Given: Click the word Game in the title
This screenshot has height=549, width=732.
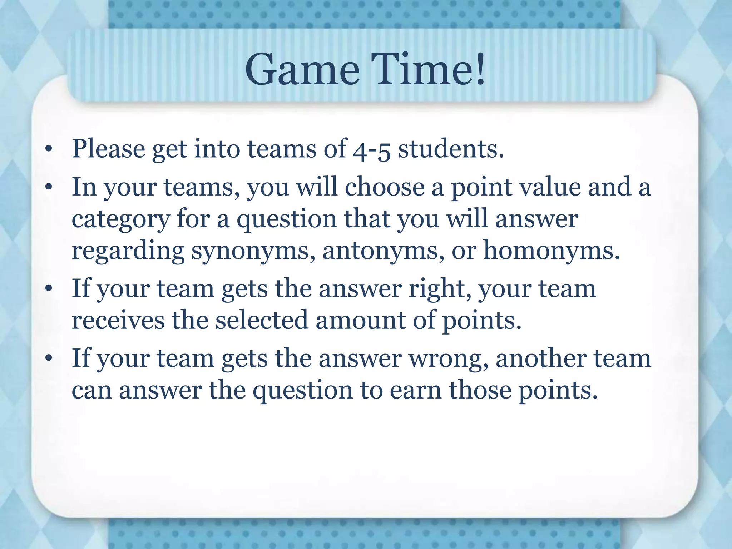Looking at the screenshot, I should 302,69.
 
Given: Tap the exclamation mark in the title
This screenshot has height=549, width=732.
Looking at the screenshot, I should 479,69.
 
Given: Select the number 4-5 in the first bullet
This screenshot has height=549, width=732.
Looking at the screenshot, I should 371,150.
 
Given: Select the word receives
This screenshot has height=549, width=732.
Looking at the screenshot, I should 118,320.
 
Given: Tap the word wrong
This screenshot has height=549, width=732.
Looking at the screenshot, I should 448,358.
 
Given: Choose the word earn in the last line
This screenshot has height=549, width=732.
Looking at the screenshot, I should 415,390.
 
